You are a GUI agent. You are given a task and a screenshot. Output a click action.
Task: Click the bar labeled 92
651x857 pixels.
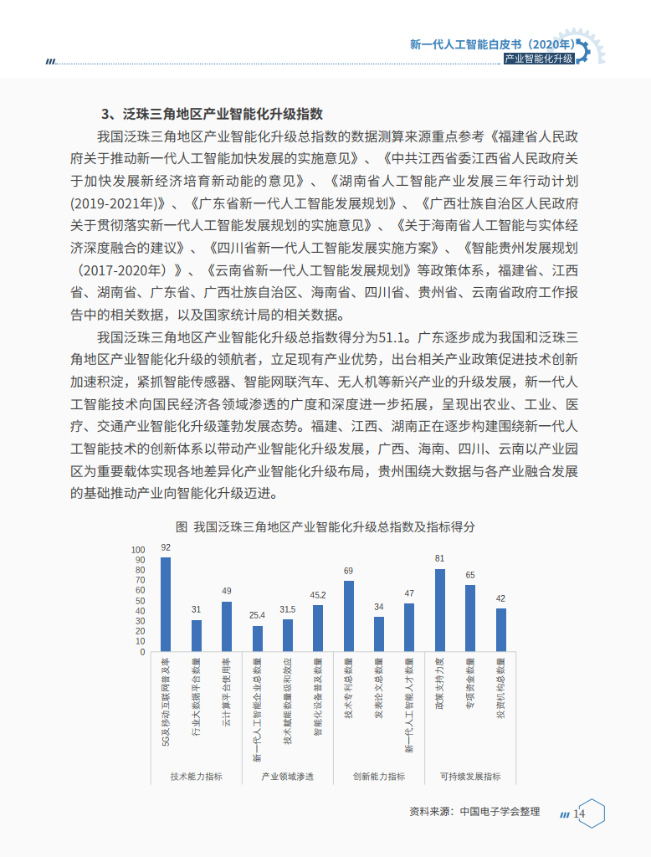pos(166,604)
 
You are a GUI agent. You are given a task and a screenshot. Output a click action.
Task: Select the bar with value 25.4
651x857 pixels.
pos(257,639)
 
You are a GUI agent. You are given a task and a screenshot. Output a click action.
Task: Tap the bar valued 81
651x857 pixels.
pos(439,610)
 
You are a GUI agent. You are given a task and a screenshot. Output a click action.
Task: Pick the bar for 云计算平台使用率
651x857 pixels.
pos(226,626)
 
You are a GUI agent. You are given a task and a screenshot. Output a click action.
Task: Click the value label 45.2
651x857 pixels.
pos(318,595)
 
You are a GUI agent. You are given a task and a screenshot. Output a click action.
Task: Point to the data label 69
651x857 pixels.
pos(348,571)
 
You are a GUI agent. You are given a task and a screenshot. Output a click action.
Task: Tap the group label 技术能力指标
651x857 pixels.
pos(196,777)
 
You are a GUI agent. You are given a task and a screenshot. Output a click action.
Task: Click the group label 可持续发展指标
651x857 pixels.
pos(469,777)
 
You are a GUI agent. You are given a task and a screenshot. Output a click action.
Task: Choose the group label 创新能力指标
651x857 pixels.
pos(378,777)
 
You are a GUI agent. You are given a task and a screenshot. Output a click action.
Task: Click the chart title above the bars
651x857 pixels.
pos(325,527)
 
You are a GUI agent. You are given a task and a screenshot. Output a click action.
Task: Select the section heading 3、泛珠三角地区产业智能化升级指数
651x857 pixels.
pos(212,114)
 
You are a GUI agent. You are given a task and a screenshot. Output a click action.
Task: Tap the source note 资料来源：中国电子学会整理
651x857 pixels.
pos(474,812)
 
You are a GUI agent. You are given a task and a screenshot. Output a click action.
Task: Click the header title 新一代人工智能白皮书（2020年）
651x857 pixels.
pos(492,44)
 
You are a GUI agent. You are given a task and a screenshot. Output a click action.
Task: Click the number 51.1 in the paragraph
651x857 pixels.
pos(392,338)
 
